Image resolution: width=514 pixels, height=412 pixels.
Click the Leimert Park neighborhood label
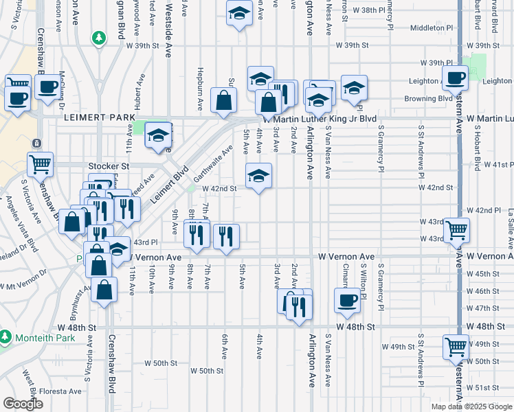100,118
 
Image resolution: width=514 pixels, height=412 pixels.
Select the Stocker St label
109,166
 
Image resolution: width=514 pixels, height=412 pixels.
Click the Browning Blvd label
421,98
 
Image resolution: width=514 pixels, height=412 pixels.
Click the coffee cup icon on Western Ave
455,78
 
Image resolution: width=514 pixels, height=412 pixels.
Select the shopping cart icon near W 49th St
456,346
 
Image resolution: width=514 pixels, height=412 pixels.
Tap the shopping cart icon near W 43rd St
456,230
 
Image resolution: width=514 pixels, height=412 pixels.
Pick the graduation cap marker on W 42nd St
258,176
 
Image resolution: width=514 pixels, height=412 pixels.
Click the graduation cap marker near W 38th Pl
238,13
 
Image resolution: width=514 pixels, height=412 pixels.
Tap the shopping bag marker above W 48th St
104,289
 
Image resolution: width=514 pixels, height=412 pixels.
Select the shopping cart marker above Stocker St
41,164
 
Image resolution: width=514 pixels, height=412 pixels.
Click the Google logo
23,404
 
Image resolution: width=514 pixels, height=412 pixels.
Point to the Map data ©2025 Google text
471,407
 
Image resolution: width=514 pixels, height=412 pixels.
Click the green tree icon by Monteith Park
5,338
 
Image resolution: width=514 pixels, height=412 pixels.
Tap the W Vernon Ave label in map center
346,256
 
